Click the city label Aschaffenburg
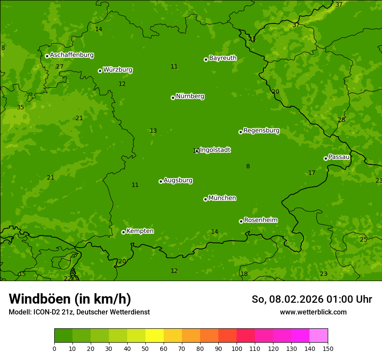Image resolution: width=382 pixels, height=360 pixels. click(72, 55)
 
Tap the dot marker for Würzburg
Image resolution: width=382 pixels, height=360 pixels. click(100, 71)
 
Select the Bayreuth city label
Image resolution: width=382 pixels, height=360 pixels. click(223, 58)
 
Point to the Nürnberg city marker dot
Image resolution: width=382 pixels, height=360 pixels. click(173, 98)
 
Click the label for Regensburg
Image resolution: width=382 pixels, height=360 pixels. click(261, 131)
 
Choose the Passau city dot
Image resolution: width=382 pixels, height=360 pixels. click(326, 158)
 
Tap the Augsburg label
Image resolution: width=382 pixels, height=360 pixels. click(178, 180)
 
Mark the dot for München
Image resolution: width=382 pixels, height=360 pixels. click(205, 199)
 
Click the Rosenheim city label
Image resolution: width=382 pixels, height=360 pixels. click(260, 220)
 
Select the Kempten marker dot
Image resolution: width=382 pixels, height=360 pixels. click(123, 232)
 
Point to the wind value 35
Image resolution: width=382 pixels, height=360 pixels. click(20, 107)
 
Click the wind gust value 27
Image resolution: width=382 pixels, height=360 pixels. click(59, 66)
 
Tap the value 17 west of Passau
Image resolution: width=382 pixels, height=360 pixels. click(312, 173)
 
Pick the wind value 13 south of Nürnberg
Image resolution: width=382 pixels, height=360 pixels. click(153, 131)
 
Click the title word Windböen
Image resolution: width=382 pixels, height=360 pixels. click(40, 299)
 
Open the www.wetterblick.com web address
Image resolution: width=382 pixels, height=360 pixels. click(313, 312)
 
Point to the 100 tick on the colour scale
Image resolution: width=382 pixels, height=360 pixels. click(237, 348)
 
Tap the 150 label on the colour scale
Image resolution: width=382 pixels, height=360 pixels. click(328, 348)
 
